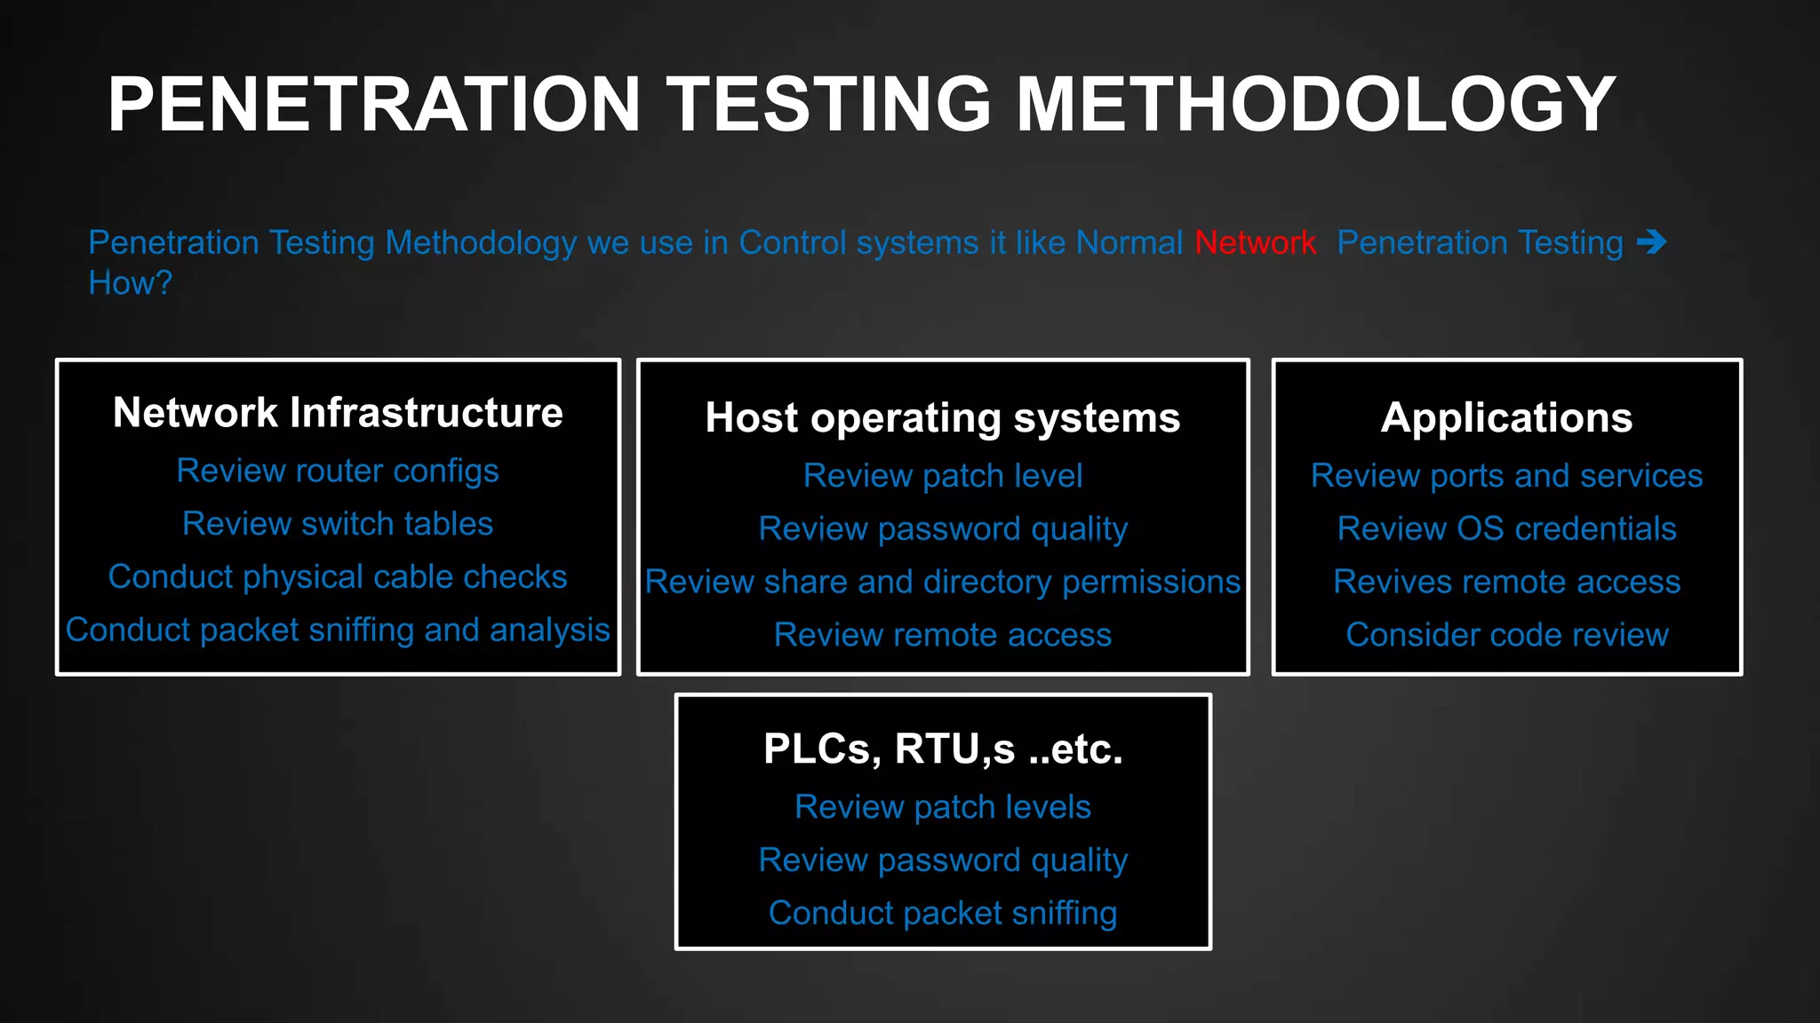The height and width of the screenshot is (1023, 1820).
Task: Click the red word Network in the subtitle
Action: click(1254, 242)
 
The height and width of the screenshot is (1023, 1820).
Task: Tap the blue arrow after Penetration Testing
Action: click(1651, 242)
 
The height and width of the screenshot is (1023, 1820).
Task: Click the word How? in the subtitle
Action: click(130, 283)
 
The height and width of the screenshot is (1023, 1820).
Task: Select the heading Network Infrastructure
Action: click(338, 413)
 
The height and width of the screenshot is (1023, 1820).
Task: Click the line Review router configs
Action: click(338, 471)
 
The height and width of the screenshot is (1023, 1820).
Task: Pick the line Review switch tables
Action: click(338, 524)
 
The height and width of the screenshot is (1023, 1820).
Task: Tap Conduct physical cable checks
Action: click(338, 577)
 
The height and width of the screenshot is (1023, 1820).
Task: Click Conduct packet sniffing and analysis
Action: click(338, 630)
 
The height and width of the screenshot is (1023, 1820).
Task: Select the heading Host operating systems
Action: click(942, 417)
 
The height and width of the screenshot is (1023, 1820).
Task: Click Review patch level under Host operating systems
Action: click(942, 476)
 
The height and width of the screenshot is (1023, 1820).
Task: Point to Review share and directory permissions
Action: click(942, 582)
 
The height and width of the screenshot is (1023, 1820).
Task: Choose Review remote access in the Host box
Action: click(942, 635)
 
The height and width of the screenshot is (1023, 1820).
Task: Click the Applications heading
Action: click(1506, 417)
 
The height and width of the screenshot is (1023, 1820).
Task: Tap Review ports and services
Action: click(1506, 476)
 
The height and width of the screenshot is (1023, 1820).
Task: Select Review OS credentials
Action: click(1506, 529)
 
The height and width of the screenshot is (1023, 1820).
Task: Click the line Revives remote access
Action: click(1506, 582)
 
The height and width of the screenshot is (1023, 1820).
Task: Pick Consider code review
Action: click(1506, 635)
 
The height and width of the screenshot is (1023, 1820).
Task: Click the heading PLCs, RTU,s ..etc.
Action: click(942, 749)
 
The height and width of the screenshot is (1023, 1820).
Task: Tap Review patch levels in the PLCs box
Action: click(942, 807)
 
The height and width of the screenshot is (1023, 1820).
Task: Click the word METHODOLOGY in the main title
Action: click(1315, 105)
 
